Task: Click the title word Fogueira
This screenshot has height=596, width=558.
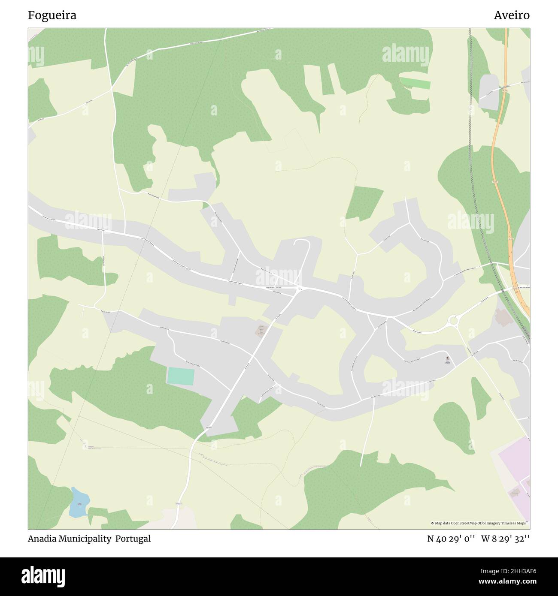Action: tap(52, 15)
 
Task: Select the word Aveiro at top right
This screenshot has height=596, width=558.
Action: tap(511, 15)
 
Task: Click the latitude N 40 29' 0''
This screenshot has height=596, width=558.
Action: tap(451, 539)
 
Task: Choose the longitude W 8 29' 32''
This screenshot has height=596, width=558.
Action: tap(505, 539)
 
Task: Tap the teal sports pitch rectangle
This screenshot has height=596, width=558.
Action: tap(181, 376)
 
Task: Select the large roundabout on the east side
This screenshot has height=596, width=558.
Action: tap(453, 320)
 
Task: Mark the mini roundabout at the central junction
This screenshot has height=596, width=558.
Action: tap(300, 289)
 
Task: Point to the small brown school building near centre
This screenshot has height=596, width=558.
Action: tap(261, 331)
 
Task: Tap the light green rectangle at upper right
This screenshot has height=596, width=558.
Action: tap(415, 83)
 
